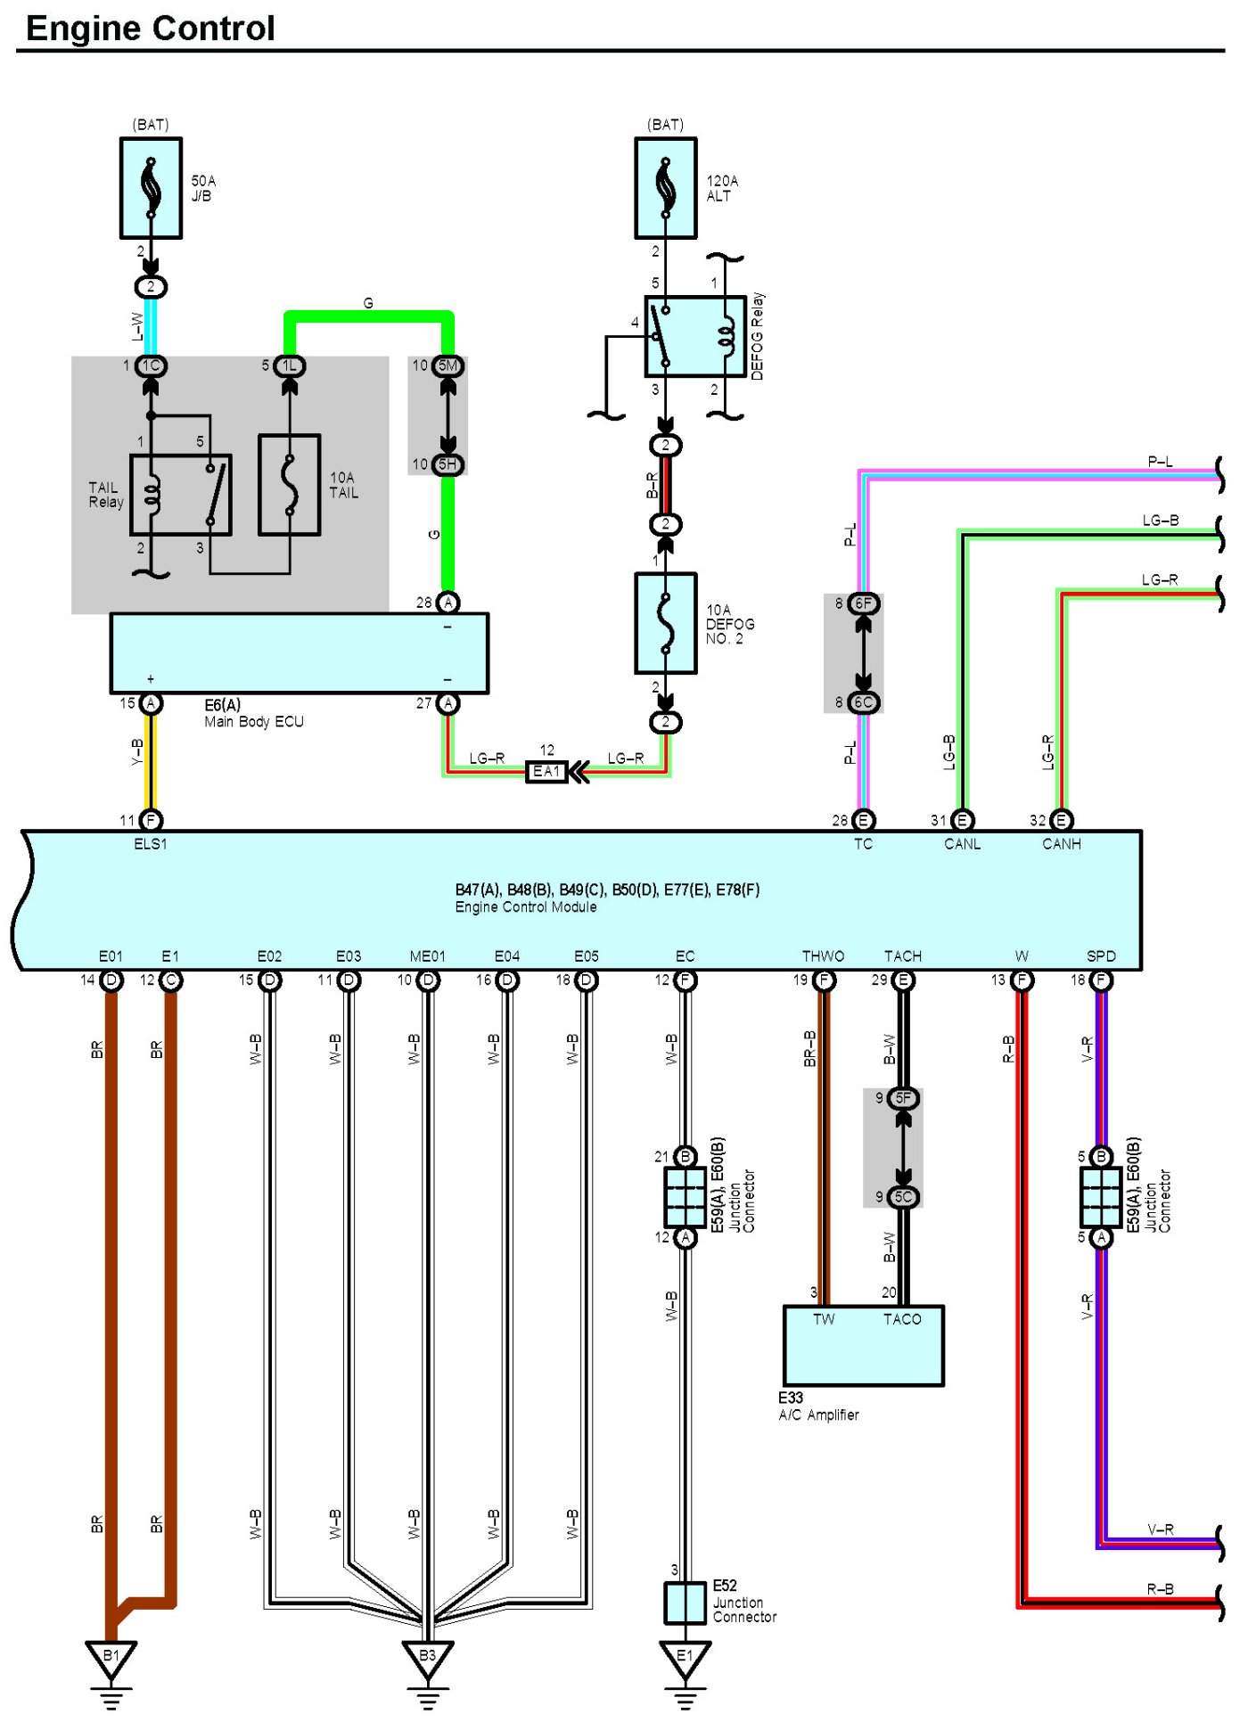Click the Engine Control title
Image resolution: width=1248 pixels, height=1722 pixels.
click(150, 29)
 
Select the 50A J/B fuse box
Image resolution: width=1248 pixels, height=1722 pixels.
click(151, 188)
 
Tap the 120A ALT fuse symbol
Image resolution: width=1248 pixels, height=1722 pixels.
click(665, 188)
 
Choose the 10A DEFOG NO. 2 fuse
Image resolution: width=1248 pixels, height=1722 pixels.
click(665, 623)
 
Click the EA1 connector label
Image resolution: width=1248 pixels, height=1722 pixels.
click(546, 772)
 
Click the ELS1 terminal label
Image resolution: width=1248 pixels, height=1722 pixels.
click(151, 844)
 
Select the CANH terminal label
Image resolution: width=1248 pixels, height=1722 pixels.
click(1061, 844)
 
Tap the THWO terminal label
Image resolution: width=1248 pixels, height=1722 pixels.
click(823, 956)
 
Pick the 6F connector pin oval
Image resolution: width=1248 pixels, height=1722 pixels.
click(863, 603)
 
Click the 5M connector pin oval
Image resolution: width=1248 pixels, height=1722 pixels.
click(447, 365)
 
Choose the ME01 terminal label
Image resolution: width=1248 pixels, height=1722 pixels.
click(428, 956)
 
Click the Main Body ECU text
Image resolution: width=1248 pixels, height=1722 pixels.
click(254, 722)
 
